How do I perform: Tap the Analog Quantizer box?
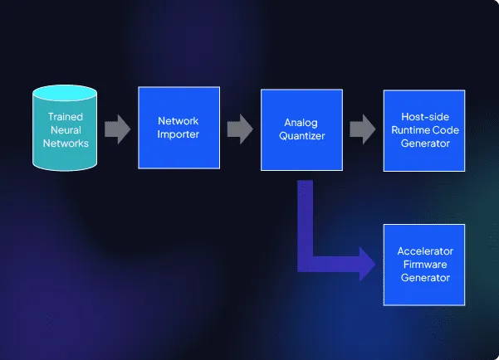point(302,128)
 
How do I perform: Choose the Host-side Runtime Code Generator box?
point(424,130)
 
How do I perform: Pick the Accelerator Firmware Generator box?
point(424,264)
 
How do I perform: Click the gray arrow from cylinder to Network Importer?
point(118,129)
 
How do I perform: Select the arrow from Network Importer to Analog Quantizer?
point(240,129)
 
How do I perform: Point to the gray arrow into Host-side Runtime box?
point(362,129)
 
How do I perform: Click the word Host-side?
point(424,117)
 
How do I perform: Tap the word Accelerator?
point(424,251)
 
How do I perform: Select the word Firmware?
point(424,264)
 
